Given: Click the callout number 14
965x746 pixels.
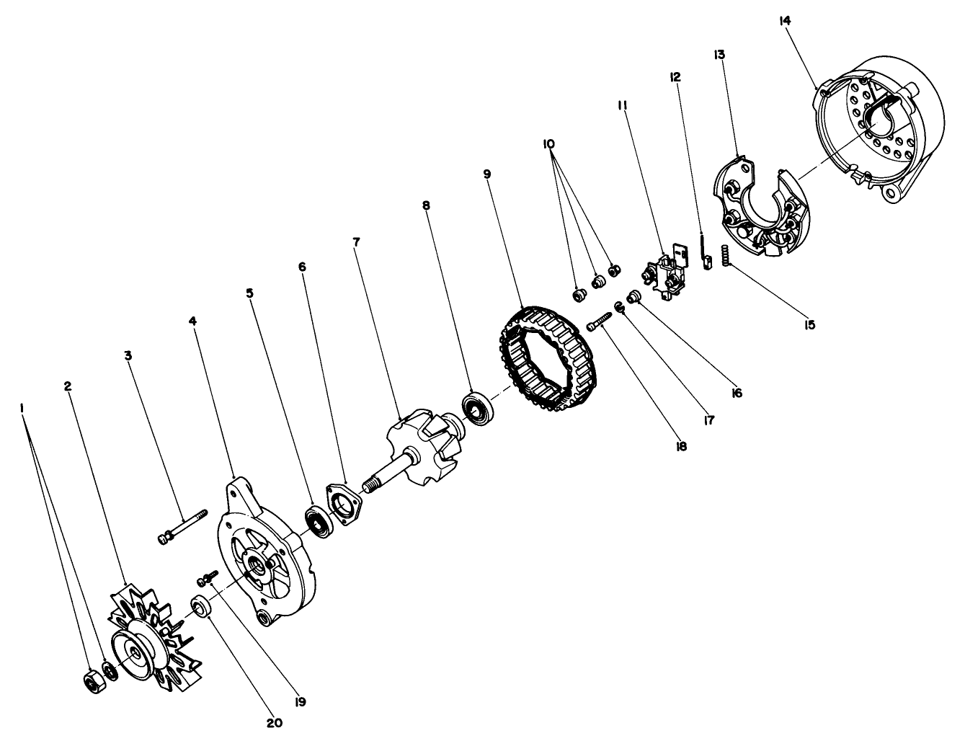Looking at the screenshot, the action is (x=785, y=21).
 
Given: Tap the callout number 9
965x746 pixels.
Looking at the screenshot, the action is (x=487, y=174).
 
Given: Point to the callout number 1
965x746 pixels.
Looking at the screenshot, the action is (x=23, y=408).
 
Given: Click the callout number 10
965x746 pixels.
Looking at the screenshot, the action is (x=549, y=144).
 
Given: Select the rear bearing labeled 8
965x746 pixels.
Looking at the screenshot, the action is (x=476, y=407).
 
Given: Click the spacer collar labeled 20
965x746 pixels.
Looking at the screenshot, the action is (x=202, y=606).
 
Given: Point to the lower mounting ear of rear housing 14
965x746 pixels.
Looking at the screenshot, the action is (x=891, y=195).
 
